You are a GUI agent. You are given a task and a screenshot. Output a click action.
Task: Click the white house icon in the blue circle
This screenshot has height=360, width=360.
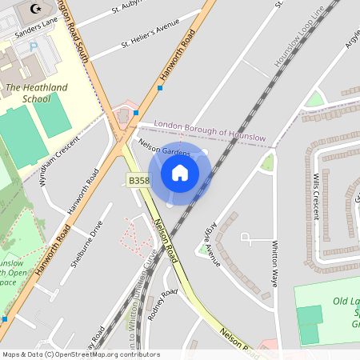click(180, 172)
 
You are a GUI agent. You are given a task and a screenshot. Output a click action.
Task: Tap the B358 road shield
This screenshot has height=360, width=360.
click(138, 182)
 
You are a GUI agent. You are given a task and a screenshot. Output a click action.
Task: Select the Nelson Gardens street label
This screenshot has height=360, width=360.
click(164, 148)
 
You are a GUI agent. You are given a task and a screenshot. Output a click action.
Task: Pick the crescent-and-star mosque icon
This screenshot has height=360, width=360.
click(34, 9)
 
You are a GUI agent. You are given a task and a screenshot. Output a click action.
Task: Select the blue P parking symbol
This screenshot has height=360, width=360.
click(33, 47)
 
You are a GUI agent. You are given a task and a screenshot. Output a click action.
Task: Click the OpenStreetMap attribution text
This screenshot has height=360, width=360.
click(80, 354)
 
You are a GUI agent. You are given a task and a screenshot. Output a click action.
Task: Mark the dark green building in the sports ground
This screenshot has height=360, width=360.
click(309, 324)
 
